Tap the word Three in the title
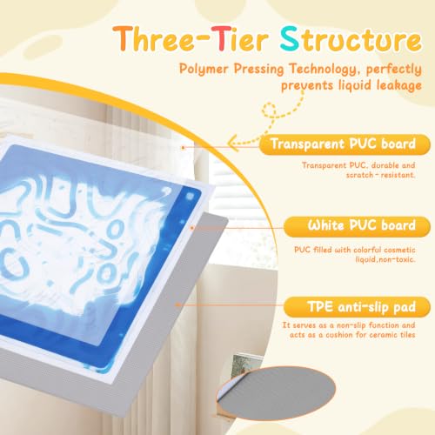pyautogui.click(x=153, y=38)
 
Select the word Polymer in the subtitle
pyautogui.click(x=204, y=69)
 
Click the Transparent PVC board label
pyautogui.click(x=345, y=144)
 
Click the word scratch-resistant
pyautogui.click(x=380, y=175)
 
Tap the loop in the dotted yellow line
pyautogui.click(x=269, y=110)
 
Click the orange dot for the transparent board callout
pyautogui.click(x=183, y=148)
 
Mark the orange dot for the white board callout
pyautogui.click(x=192, y=228)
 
